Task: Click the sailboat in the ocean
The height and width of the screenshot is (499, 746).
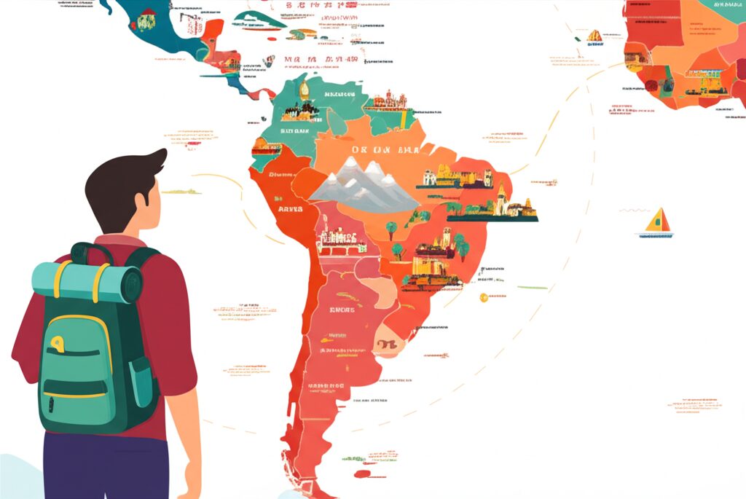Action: click(657, 223)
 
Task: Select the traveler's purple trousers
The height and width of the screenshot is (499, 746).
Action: click(106, 466)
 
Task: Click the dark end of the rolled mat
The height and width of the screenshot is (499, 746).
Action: click(133, 282)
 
